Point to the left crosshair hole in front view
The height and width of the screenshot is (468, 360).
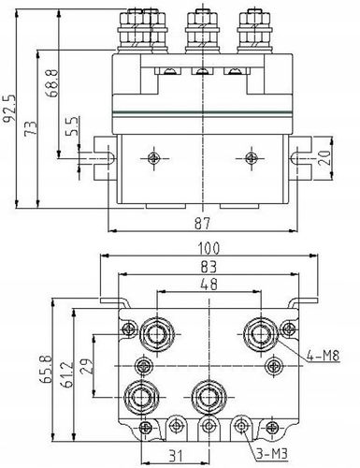[x=151, y=158]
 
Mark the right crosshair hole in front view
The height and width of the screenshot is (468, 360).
[x=251, y=158]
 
